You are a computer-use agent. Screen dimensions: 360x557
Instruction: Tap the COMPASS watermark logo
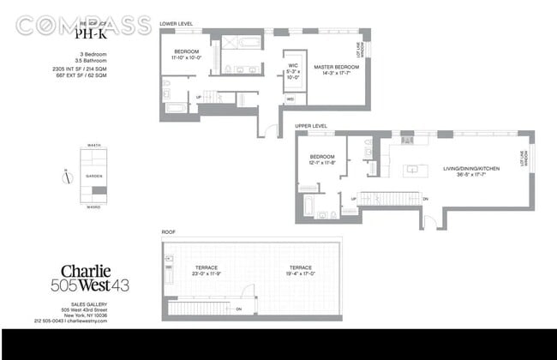[x=83, y=26]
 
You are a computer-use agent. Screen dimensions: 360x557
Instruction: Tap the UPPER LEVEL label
[x=312, y=126]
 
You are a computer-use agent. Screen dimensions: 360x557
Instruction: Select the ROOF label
[x=169, y=232]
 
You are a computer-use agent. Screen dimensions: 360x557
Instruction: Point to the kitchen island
[x=412, y=169]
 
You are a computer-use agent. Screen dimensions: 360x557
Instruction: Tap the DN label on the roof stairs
[x=239, y=309]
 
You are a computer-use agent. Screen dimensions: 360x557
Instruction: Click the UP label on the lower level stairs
[x=200, y=97]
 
